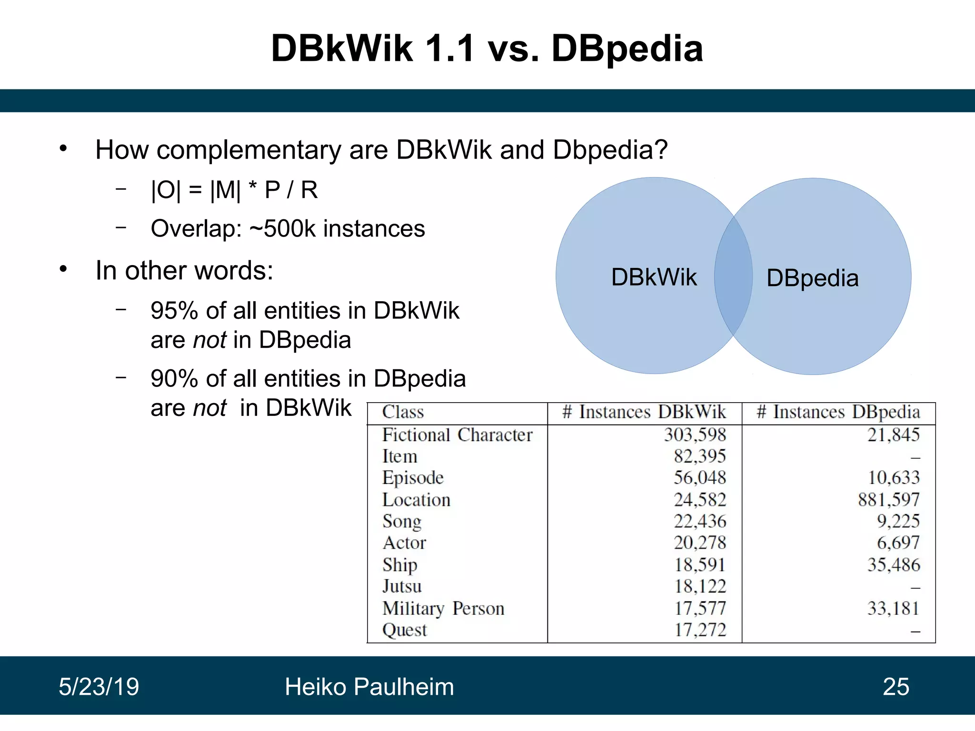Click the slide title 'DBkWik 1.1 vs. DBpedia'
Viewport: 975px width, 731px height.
pyautogui.click(x=487, y=49)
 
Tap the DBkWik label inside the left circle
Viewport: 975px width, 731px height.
pyautogui.click(x=654, y=277)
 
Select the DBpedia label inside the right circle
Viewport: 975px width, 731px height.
pyautogui.click(x=812, y=278)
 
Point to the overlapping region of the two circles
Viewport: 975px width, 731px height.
pyautogui.click(x=733, y=276)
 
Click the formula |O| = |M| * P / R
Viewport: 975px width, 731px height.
pyautogui.click(x=234, y=190)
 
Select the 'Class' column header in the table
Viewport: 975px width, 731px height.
pyautogui.click(x=403, y=412)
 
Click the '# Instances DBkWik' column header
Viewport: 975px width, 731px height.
pyautogui.click(x=644, y=412)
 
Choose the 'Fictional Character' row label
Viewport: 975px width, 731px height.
pyautogui.click(x=457, y=435)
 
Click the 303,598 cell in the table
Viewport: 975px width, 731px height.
pyautogui.click(x=695, y=435)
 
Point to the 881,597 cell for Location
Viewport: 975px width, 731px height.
pyautogui.click(x=889, y=500)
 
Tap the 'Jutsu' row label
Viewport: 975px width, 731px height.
pyautogui.click(x=402, y=586)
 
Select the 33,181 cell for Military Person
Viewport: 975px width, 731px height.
pyautogui.click(x=893, y=608)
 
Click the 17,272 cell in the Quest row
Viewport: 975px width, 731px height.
pyautogui.click(x=700, y=630)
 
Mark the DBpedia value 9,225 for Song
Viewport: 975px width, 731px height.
pyautogui.click(x=898, y=522)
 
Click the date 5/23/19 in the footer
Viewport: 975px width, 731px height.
pyautogui.click(x=99, y=687)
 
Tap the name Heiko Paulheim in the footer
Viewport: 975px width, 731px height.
pyautogui.click(x=369, y=687)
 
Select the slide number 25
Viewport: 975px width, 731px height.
pyautogui.click(x=896, y=687)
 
